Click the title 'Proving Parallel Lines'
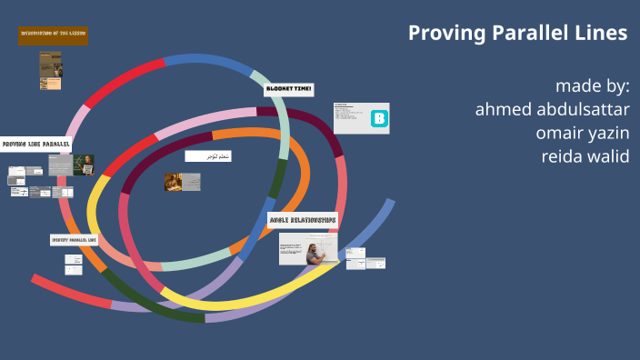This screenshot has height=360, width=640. [x=517, y=33]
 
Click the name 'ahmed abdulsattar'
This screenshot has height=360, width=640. [x=552, y=109]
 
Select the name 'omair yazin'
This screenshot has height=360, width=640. [x=583, y=133]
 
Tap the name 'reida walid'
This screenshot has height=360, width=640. [x=585, y=155]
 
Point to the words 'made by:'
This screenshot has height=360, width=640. [x=592, y=86]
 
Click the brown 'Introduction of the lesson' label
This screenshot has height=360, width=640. [x=53, y=35]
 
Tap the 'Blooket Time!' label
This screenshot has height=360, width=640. [x=289, y=89]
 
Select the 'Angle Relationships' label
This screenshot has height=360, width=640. [x=304, y=219]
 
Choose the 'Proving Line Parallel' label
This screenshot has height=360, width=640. [x=35, y=144]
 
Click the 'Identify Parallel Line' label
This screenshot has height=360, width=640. [x=74, y=240]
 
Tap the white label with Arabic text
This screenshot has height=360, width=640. [x=208, y=156]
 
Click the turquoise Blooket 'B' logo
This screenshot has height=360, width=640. [x=380, y=118]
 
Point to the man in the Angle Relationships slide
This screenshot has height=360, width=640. [x=315, y=252]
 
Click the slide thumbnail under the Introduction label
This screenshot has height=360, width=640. [x=50, y=69]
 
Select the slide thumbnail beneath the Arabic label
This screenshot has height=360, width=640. [x=183, y=182]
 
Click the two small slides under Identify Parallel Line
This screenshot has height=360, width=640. [x=74, y=265]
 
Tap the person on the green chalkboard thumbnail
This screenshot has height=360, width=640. [x=85, y=165]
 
